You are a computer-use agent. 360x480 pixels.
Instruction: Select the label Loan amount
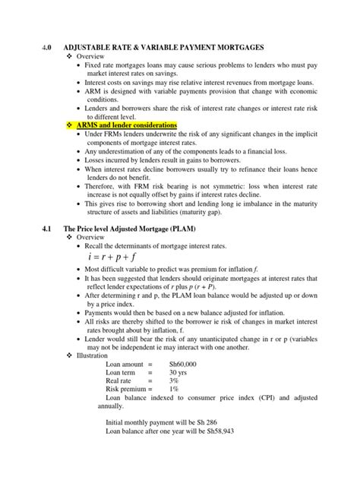[x=125, y=364]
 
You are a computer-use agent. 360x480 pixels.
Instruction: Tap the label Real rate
[x=121, y=384]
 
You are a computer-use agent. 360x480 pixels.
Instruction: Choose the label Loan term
[x=122, y=374]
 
